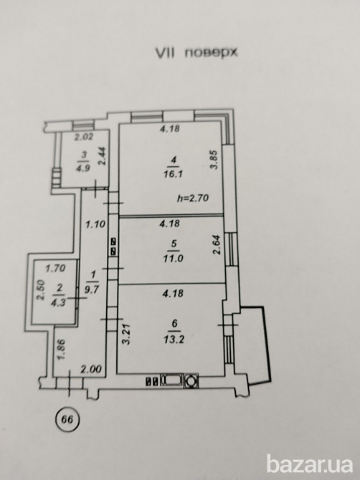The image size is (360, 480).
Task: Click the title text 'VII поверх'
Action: point(196,53)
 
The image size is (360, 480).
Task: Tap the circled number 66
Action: point(67,419)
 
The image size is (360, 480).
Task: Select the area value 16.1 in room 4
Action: point(173,174)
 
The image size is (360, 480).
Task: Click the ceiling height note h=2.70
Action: point(193,198)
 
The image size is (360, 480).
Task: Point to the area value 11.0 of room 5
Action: point(173,258)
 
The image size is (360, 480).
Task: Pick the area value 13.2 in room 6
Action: point(174,339)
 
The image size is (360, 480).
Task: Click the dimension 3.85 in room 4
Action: point(214,159)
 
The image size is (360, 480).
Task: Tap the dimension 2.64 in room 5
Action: point(217,244)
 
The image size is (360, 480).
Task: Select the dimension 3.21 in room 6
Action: point(126,335)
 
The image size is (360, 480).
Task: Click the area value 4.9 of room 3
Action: point(83,168)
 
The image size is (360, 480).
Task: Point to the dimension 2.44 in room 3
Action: point(103,156)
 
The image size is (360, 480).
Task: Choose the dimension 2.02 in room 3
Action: point(84,137)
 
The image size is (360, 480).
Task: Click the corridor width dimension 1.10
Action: point(95,224)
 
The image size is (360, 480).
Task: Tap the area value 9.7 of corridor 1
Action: point(92,289)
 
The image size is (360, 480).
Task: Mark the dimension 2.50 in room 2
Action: point(41,290)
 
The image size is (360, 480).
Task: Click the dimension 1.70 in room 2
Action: point(55,269)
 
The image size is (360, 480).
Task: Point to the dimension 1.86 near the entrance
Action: point(60,350)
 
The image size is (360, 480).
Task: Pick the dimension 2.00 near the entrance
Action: point(90,369)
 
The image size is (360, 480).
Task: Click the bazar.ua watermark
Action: point(310,464)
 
